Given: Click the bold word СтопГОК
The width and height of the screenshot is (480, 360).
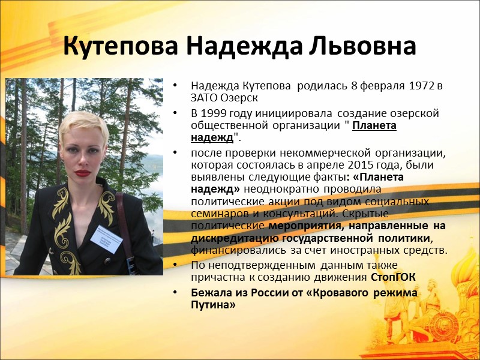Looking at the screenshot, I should (393, 277).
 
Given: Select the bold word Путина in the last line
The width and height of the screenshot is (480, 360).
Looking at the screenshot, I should (213, 305).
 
